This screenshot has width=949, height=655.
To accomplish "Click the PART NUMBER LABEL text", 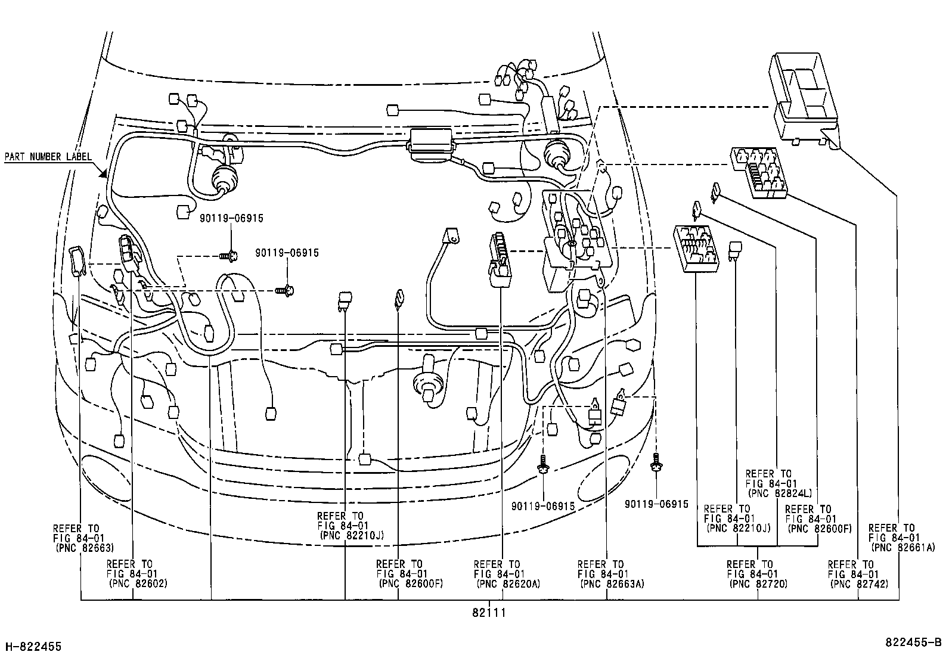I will pyautogui.click(x=48, y=157).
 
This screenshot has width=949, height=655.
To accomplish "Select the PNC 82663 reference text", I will pyautogui.click(x=84, y=547).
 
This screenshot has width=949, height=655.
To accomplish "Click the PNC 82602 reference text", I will pyautogui.click(x=138, y=583).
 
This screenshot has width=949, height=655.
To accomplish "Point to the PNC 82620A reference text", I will pyautogui.click(x=508, y=583).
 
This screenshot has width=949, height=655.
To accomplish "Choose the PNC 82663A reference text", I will pyautogui.click(x=612, y=583).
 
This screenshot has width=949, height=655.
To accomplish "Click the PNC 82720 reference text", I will pyautogui.click(x=758, y=583).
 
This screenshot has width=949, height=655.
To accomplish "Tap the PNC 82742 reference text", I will pyautogui.click(x=859, y=583).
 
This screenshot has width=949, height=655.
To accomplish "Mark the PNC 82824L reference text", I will pyautogui.click(x=780, y=493).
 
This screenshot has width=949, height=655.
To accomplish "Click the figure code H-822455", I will pyautogui.click(x=33, y=646).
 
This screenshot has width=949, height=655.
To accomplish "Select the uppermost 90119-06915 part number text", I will pyautogui.click(x=231, y=219).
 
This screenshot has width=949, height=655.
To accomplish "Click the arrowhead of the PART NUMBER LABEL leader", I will pyautogui.click(x=103, y=174).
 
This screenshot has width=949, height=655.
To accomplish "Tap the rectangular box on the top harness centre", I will pyautogui.click(x=430, y=143).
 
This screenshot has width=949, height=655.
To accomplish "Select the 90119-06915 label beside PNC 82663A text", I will pyautogui.click(x=542, y=506).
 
